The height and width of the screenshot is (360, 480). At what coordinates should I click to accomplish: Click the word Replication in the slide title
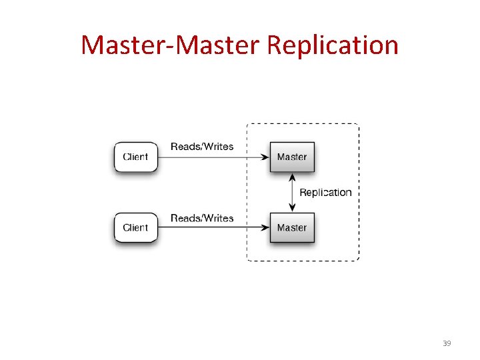[x=332, y=46]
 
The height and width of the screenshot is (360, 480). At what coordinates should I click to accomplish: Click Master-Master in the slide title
[x=171, y=45]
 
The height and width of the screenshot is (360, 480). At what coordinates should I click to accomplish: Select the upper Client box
[x=136, y=157]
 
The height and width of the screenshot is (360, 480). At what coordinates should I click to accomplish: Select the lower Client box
[x=136, y=227]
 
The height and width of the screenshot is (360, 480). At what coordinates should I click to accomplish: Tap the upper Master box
[x=291, y=157]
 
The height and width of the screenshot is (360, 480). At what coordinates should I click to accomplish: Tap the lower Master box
[x=291, y=227]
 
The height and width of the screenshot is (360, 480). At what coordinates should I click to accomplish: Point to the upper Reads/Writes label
[x=202, y=147]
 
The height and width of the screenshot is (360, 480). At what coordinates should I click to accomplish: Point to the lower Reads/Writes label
[x=202, y=218]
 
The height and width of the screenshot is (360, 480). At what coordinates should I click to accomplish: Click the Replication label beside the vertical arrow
[x=325, y=193]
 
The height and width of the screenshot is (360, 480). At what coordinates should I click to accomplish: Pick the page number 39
[x=447, y=343]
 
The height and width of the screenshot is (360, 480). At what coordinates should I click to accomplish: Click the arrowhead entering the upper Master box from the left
[x=265, y=157]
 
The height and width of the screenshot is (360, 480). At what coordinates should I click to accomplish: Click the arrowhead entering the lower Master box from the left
[x=265, y=228]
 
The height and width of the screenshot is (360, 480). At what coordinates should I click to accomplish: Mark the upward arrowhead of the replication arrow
[x=291, y=177]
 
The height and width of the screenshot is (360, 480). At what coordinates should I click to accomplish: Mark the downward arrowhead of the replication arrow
[x=291, y=208]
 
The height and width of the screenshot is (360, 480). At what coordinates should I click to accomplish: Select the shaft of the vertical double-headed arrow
[x=291, y=193]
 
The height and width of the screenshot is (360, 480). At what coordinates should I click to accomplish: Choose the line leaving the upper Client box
[x=200, y=157]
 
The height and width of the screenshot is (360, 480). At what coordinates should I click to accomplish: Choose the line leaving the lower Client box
[x=200, y=228]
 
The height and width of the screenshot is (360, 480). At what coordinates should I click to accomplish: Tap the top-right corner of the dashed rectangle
[x=358, y=125]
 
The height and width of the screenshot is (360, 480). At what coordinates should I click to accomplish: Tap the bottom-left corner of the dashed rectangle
[x=247, y=259]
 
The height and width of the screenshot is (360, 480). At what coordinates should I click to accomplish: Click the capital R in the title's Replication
[x=273, y=45]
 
